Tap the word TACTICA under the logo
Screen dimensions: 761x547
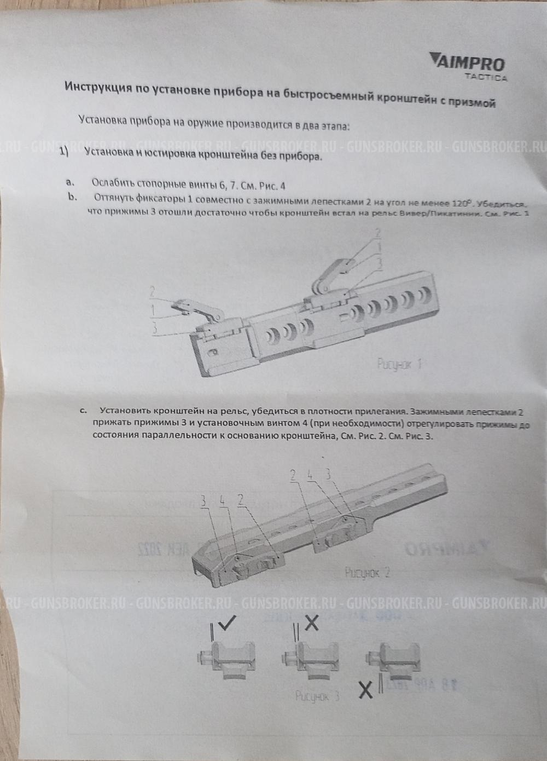[486, 77]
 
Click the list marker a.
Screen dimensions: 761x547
[70, 181]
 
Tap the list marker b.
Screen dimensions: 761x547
[72, 197]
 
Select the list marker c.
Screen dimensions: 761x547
[84, 410]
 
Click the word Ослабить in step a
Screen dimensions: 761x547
[112, 182]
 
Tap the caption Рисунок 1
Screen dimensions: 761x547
[399, 364]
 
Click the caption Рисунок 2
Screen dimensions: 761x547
[368, 573]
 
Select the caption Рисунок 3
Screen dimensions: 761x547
[317, 696]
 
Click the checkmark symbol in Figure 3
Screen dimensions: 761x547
[227, 622]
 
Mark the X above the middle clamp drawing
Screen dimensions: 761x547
[311, 622]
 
